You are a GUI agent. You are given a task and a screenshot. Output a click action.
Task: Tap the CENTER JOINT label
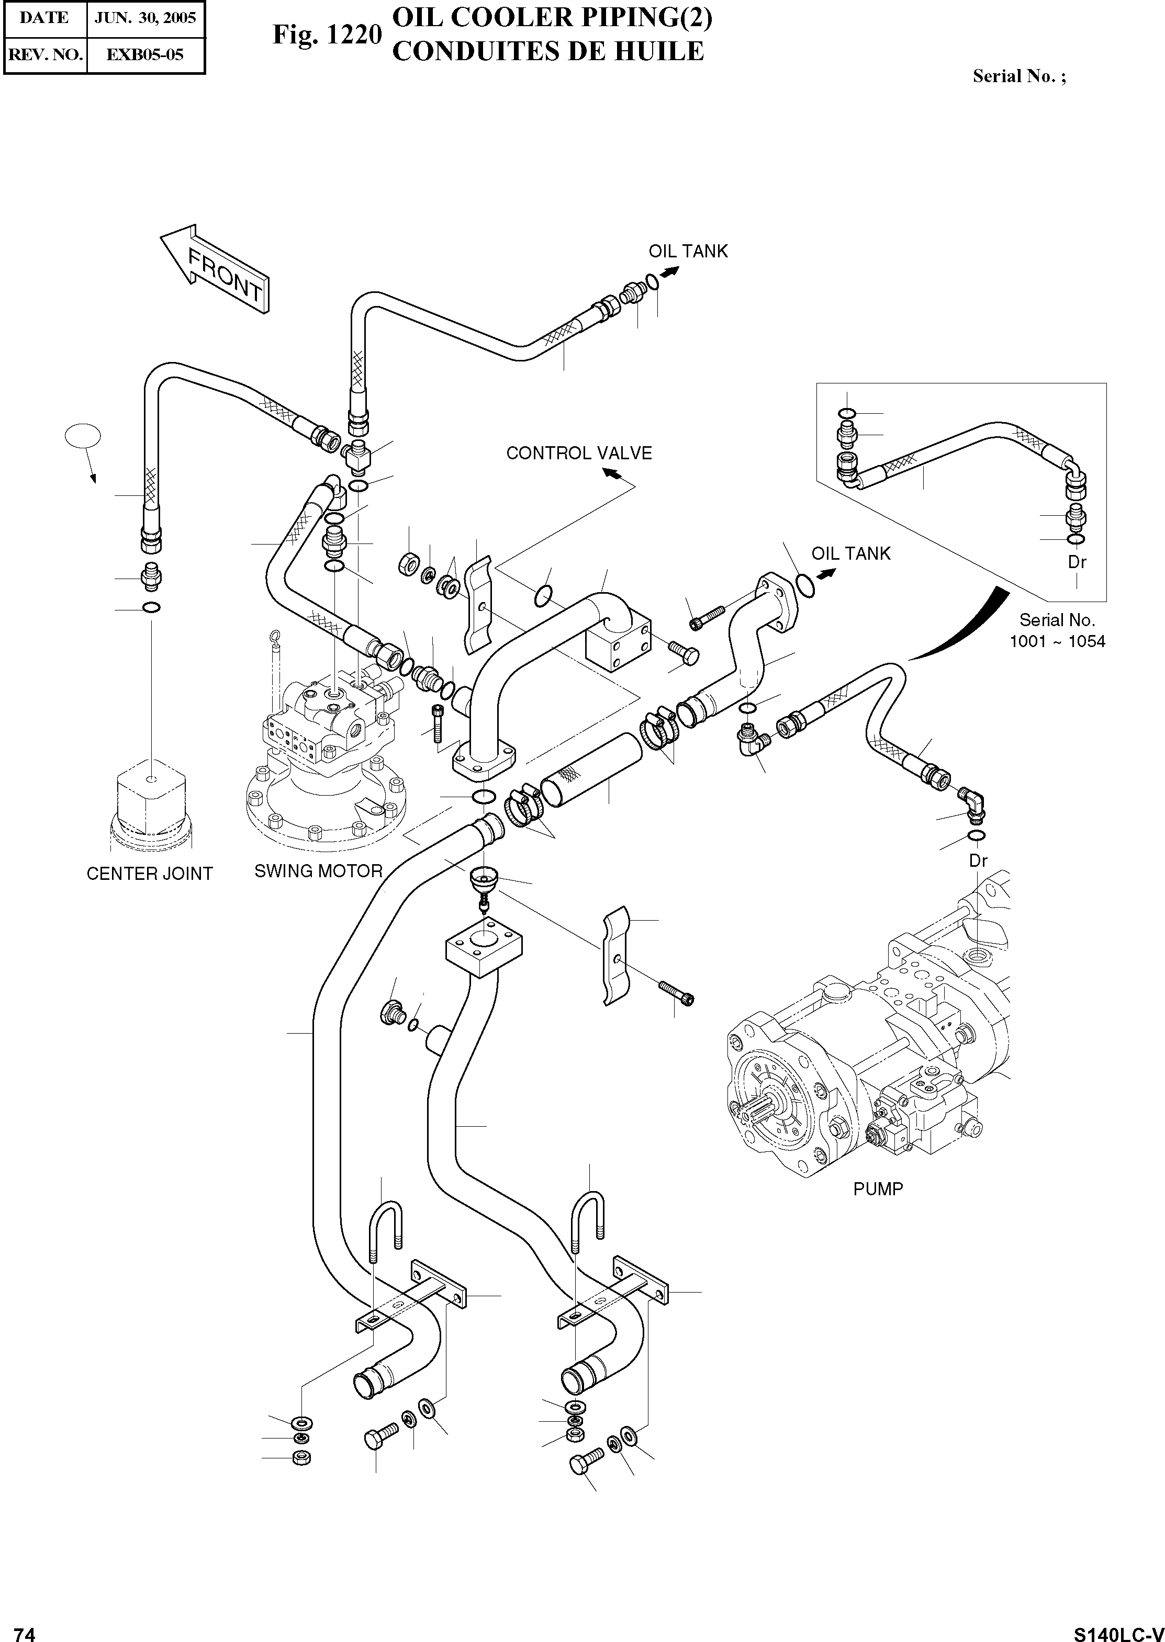pos(149,874)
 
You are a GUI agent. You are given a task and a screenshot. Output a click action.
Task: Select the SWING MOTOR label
pos(319,870)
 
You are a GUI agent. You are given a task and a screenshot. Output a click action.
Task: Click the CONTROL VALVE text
pos(579,453)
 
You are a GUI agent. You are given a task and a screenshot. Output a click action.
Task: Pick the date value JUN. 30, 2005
pos(145,18)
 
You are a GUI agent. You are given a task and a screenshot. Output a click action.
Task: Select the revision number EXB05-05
pos(145,54)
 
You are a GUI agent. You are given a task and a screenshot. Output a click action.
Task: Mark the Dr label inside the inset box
pos(1077,562)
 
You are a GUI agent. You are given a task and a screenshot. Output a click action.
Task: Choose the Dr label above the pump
pos(979,860)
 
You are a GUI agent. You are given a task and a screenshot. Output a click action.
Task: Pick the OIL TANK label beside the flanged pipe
pos(851,553)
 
